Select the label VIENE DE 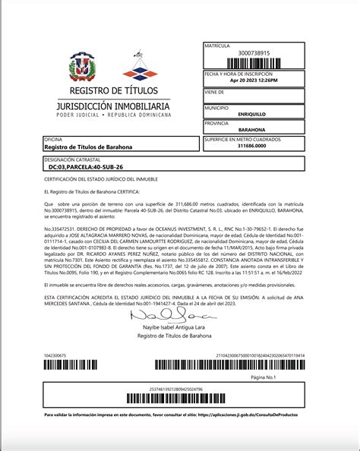point(215,90)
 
